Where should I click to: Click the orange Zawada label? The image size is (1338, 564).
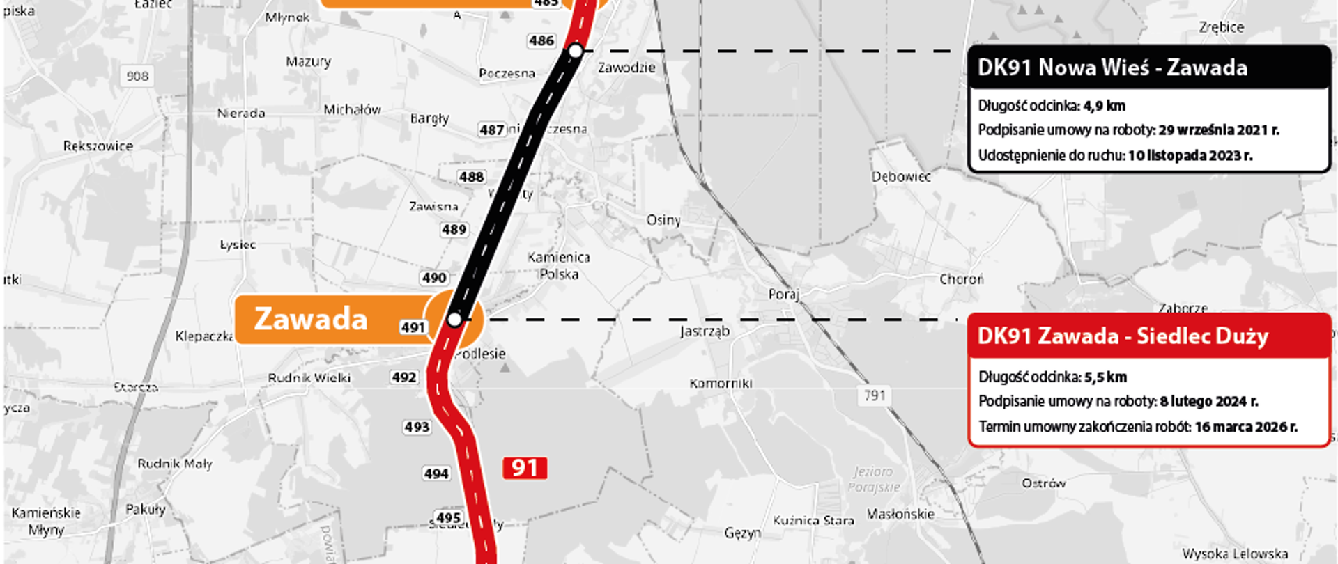tap(312, 320)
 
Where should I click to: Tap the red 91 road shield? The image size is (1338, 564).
tap(525, 468)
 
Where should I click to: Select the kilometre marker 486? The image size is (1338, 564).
tap(541, 41)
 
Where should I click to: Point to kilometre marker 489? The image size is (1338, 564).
tap(454, 230)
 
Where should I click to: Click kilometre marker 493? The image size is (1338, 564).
tap(417, 427)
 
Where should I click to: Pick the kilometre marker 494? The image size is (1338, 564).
tap(436, 474)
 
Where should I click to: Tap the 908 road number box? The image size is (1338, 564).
tap(137, 76)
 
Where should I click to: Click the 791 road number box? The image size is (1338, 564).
tap(875, 395)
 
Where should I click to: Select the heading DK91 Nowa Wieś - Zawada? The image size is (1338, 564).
tap(1112, 68)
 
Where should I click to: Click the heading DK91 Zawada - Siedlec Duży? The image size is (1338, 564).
tap(1123, 336)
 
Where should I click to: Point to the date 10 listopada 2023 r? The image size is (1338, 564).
tap(1190, 155)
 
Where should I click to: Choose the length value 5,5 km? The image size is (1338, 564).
tap(1105, 377)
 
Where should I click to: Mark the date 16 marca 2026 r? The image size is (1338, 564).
tap(1246, 427)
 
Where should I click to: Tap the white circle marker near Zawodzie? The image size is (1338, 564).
tap(576, 51)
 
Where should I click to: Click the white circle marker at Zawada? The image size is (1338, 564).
tap(454, 320)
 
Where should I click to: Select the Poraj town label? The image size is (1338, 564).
tap(783, 295)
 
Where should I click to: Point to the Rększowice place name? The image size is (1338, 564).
tap(98, 146)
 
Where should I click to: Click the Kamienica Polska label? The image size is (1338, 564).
tap(559, 265)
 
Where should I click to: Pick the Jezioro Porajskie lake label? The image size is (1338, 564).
tap(874, 480)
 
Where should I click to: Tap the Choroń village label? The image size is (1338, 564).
tap(961, 279)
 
